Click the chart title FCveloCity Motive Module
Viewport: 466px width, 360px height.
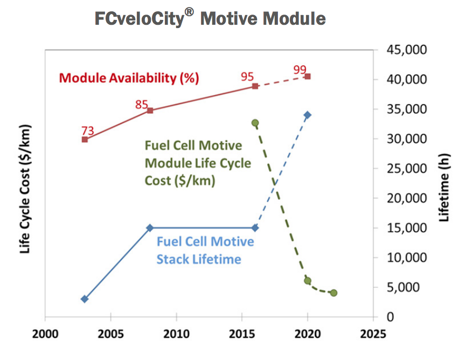pyautogui.click(x=210, y=18)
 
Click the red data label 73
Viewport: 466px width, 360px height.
pyautogui.click(x=88, y=130)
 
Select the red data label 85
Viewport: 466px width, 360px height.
pyautogui.click(x=142, y=104)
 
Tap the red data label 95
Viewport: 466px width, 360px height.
pyautogui.click(x=247, y=77)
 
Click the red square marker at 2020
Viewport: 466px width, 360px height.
pyautogui.click(x=307, y=77)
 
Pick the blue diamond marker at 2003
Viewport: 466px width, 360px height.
pyautogui.click(x=85, y=299)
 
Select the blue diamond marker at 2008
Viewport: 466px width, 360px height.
pyautogui.click(x=150, y=228)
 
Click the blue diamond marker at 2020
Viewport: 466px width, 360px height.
pyautogui.click(x=307, y=115)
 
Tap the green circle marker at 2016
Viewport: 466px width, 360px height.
pyautogui.click(x=255, y=123)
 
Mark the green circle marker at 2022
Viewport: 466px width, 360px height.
pyautogui.click(x=333, y=293)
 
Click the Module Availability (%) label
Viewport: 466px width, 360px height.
pyautogui.click(x=129, y=78)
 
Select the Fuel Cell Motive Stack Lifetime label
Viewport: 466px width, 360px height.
pyautogui.click(x=205, y=250)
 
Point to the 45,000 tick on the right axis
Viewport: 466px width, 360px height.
pyautogui.click(x=404, y=50)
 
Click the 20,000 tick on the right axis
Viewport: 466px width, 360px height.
pyautogui.click(x=404, y=198)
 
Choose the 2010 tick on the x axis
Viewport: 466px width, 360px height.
pyautogui.click(x=176, y=333)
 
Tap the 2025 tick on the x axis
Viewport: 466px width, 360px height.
pyautogui.click(x=372, y=333)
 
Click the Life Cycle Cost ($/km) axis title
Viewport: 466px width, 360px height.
pyautogui.click(x=25, y=190)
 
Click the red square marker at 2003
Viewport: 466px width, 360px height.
pyautogui.click(x=85, y=139)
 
